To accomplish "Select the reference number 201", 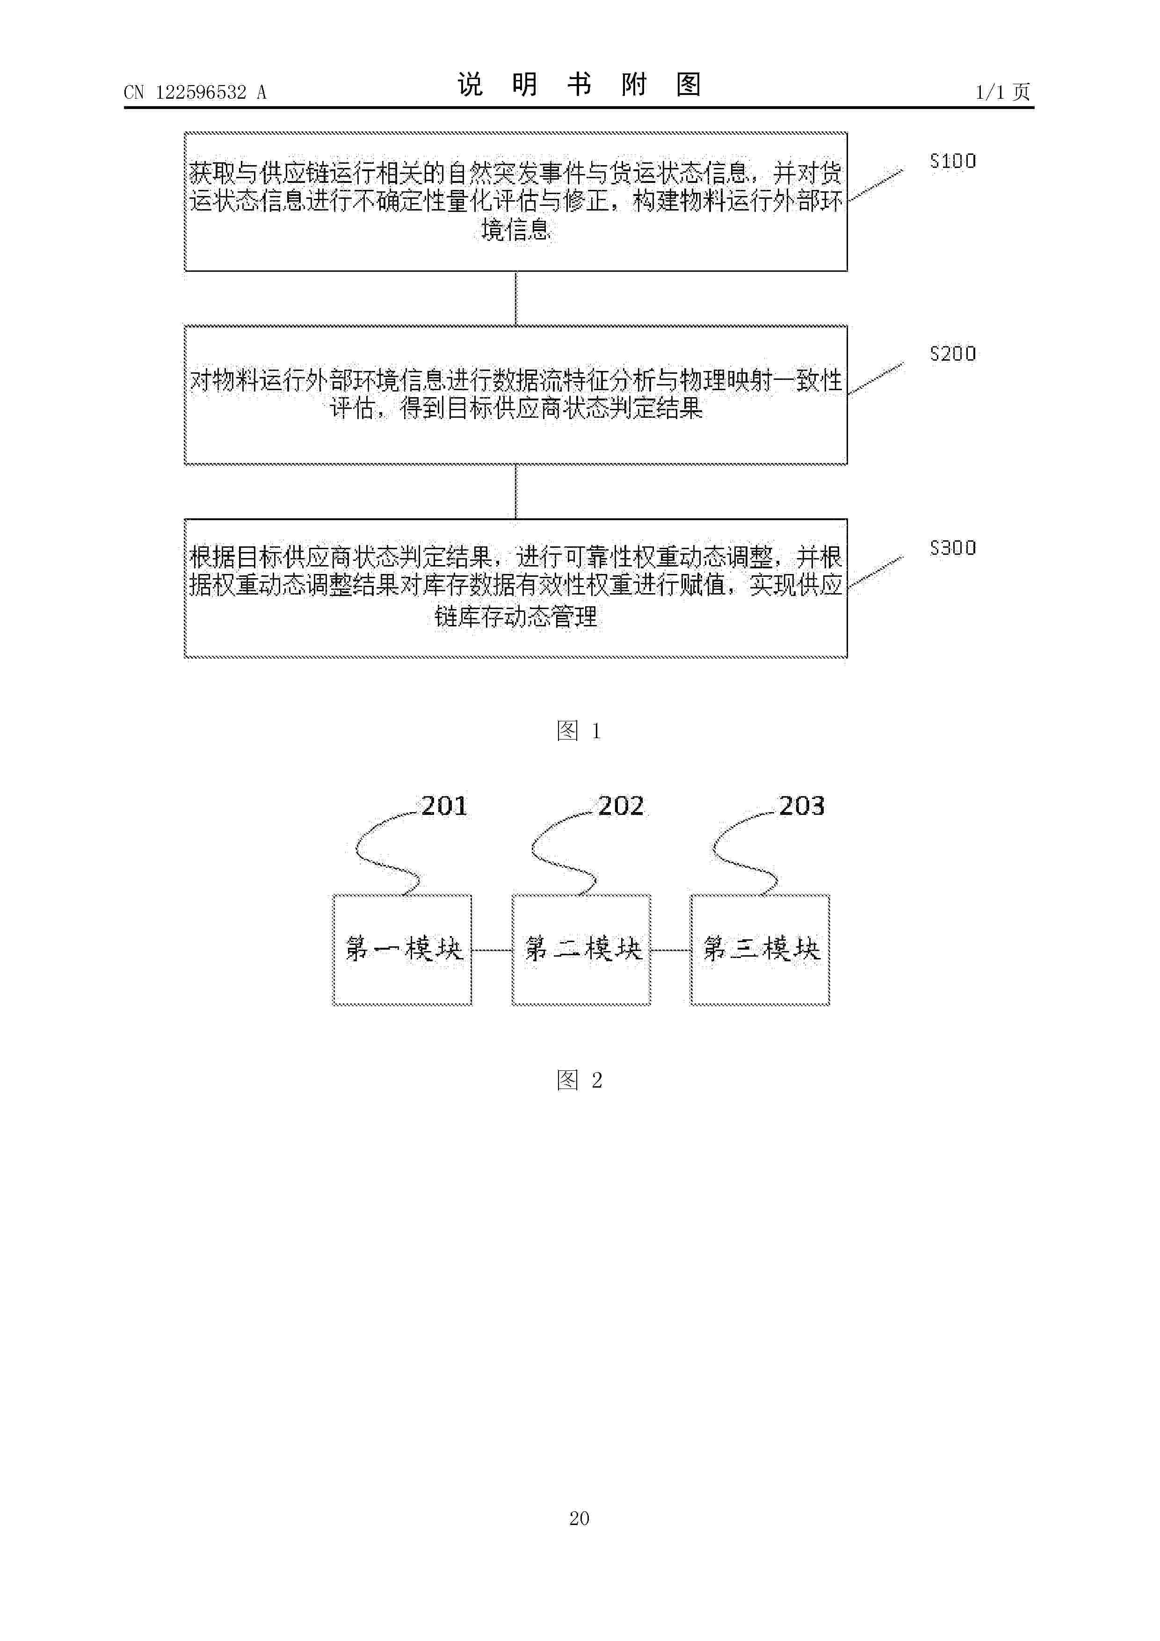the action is click(444, 806).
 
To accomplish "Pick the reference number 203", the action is click(801, 806).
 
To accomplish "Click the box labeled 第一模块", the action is click(402, 950).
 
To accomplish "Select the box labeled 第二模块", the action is click(581, 950).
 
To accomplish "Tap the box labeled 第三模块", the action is click(760, 950).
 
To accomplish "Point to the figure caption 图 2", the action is click(579, 1080).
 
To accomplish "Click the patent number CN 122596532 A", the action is click(195, 92).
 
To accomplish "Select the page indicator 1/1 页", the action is click(1003, 92).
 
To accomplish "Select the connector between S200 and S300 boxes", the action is click(516, 492).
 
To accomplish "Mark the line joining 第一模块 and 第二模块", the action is click(492, 951).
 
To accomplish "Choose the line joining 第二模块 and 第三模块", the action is click(670, 951).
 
